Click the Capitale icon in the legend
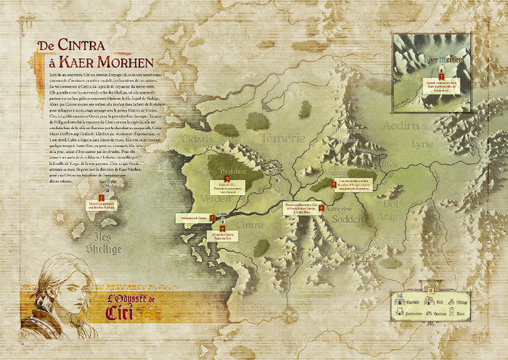tap(398, 300)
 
